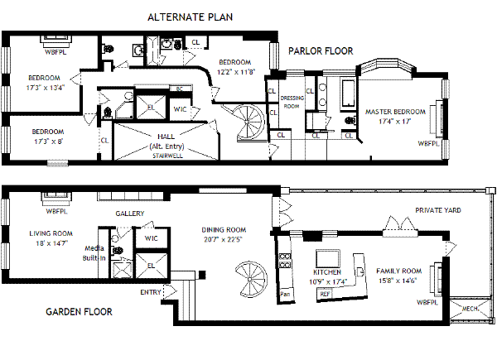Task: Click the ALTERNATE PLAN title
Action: (190, 17)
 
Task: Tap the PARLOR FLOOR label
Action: (321, 51)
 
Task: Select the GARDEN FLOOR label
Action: (79, 311)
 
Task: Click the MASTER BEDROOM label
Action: (395, 112)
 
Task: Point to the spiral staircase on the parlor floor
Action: (250, 122)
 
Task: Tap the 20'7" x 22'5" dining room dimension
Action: (223, 239)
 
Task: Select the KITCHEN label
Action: (327, 272)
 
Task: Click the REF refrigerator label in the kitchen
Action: (325, 294)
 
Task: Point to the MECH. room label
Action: (470, 309)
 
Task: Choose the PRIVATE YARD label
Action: (438, 210)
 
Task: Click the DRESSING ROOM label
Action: (292, 103)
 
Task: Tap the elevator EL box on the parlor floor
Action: (151, 108)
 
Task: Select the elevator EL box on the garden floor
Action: (151, 266)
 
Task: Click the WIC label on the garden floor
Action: (152, 238)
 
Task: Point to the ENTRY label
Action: (151, 292)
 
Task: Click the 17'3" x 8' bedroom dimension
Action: (49, 142)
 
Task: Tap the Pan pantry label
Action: (285, 294)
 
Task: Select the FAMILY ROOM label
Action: (398, 271)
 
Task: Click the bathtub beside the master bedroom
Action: (348, 94)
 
